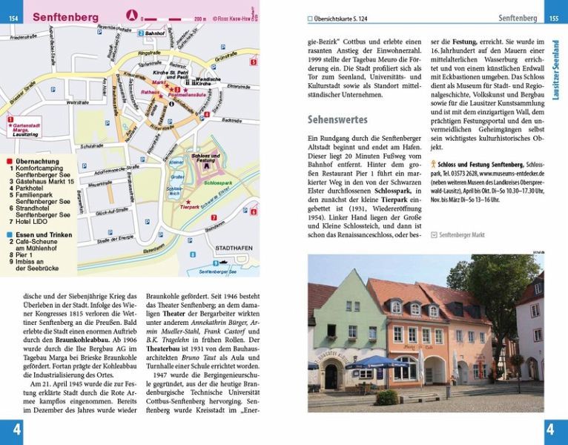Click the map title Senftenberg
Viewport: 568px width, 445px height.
click(66, 17)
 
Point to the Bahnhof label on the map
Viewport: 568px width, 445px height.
click(154, 34)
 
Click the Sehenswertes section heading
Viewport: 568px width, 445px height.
click(340, 119)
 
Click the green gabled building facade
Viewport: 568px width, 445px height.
click(349, 326)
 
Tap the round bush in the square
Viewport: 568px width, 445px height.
click(387, 398)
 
